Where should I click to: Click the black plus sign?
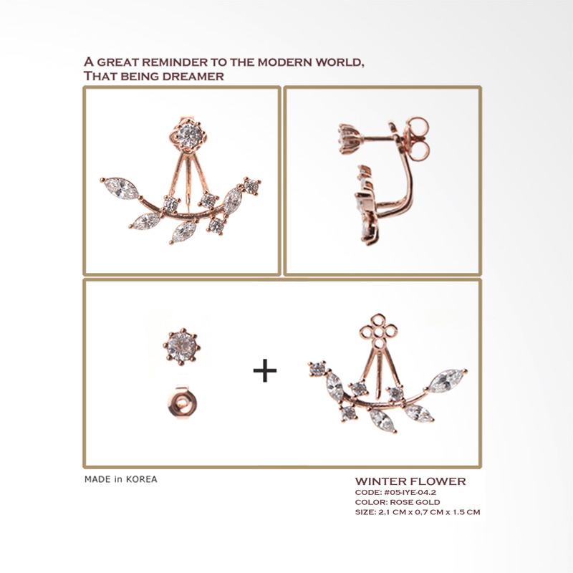pyautogui.click(x=265, y=370)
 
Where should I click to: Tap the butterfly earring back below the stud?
pyautogui.click(x=183, y=403)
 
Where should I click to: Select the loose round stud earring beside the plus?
pyautogui.click(x=182, y=347)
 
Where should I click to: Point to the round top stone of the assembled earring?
pyautogui.click(x=190, y=136)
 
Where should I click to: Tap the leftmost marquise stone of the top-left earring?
pyautogui.click(x=120, y=188)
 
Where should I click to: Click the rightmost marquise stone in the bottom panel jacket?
pyautogui.click(x=448, y=380)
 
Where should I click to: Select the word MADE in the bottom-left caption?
pyautogui.click(x=97, y=479)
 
